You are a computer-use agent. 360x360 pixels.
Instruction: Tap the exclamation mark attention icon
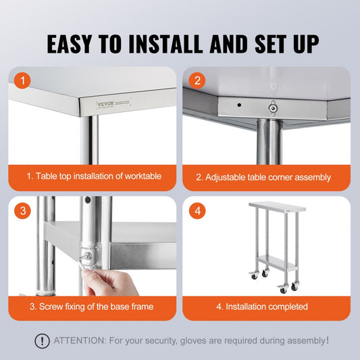(x=42, y=341)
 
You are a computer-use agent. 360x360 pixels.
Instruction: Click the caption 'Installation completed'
(x=266, y=306)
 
